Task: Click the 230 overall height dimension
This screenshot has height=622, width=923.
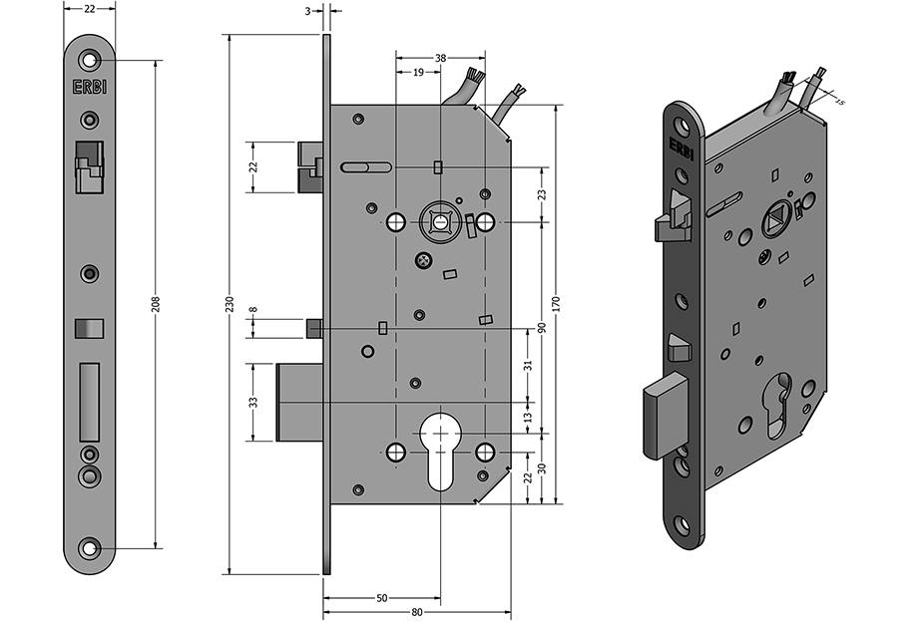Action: [231, 304]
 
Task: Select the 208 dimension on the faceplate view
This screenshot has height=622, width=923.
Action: [157, 304]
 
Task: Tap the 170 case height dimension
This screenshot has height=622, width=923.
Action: [557, 304]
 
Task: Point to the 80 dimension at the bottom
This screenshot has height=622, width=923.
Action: [417, 612]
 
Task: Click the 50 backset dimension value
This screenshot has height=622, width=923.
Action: [381, 598]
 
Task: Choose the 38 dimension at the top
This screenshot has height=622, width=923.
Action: [441, 58]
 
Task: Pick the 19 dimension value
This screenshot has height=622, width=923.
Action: [418, 73]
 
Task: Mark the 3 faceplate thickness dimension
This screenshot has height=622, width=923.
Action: [308, 11]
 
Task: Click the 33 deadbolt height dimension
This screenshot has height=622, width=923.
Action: [253, 402]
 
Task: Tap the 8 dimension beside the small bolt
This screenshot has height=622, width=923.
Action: [253, 309]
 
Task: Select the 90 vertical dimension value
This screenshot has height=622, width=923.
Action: [542, 328]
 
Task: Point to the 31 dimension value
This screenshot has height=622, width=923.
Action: [528, 365]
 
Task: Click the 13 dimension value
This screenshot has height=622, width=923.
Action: [528, 417]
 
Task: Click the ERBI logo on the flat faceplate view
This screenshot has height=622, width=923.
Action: [90, 87]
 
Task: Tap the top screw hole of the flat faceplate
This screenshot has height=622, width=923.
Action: [90, 60]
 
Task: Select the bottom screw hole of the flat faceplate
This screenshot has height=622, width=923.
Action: [90, 548]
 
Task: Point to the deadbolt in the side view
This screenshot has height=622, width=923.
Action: [299, 402]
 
